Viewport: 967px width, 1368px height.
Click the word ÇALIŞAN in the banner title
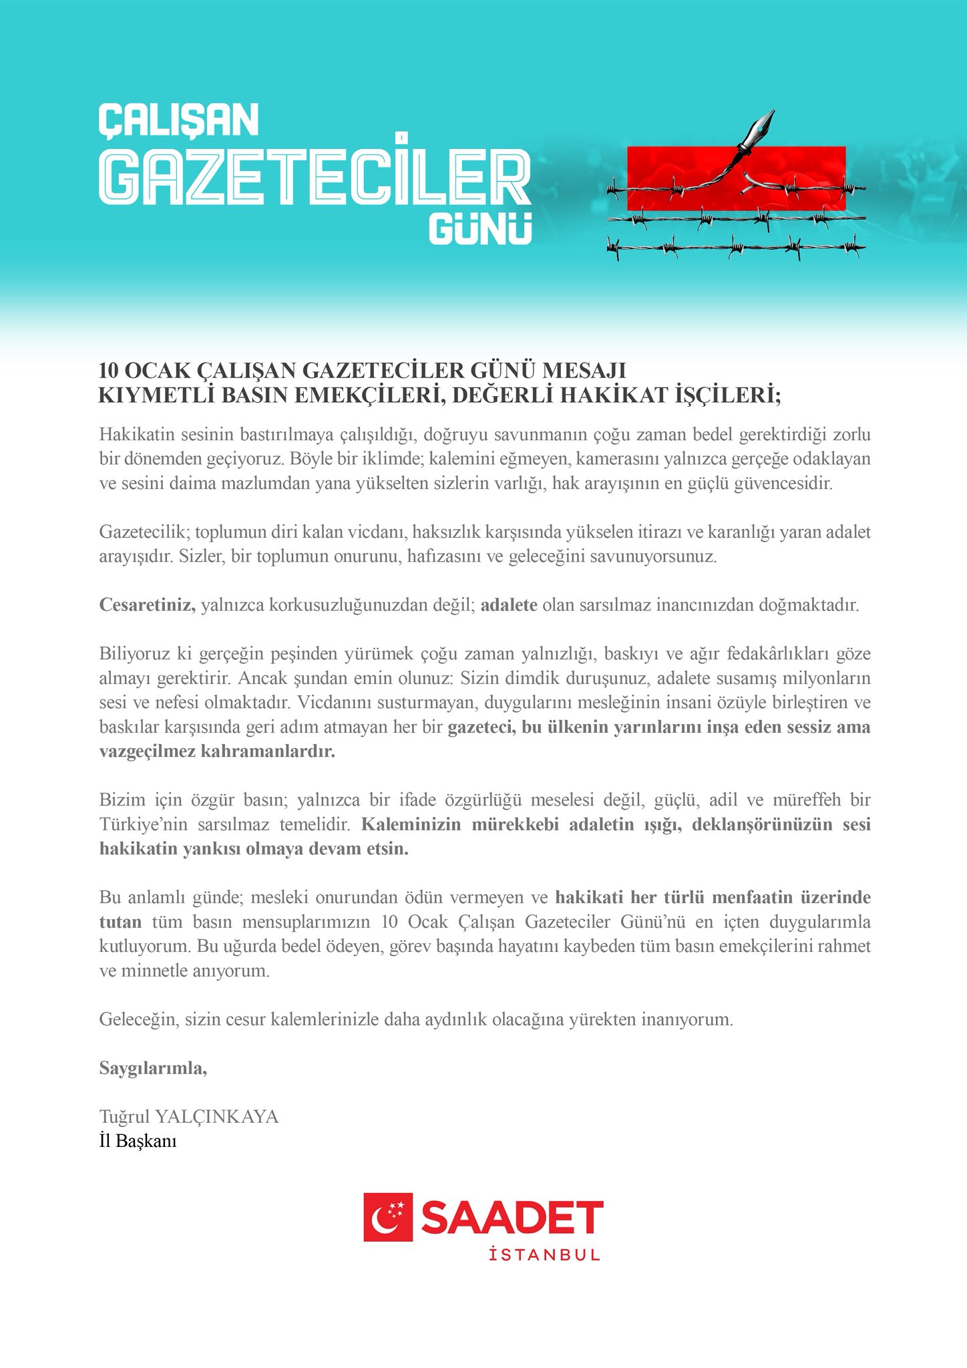point(178,120)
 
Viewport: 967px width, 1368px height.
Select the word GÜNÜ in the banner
point(480,229)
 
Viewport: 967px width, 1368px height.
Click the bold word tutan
point(120,922)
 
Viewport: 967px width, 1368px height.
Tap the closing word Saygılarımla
point(153,1068)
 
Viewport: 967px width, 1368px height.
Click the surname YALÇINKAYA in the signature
point(217,1117)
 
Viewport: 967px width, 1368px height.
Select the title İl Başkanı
point(138,1141)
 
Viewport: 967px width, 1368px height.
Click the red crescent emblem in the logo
point(388,1217)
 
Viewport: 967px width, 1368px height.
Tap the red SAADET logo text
point(512,1217)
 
